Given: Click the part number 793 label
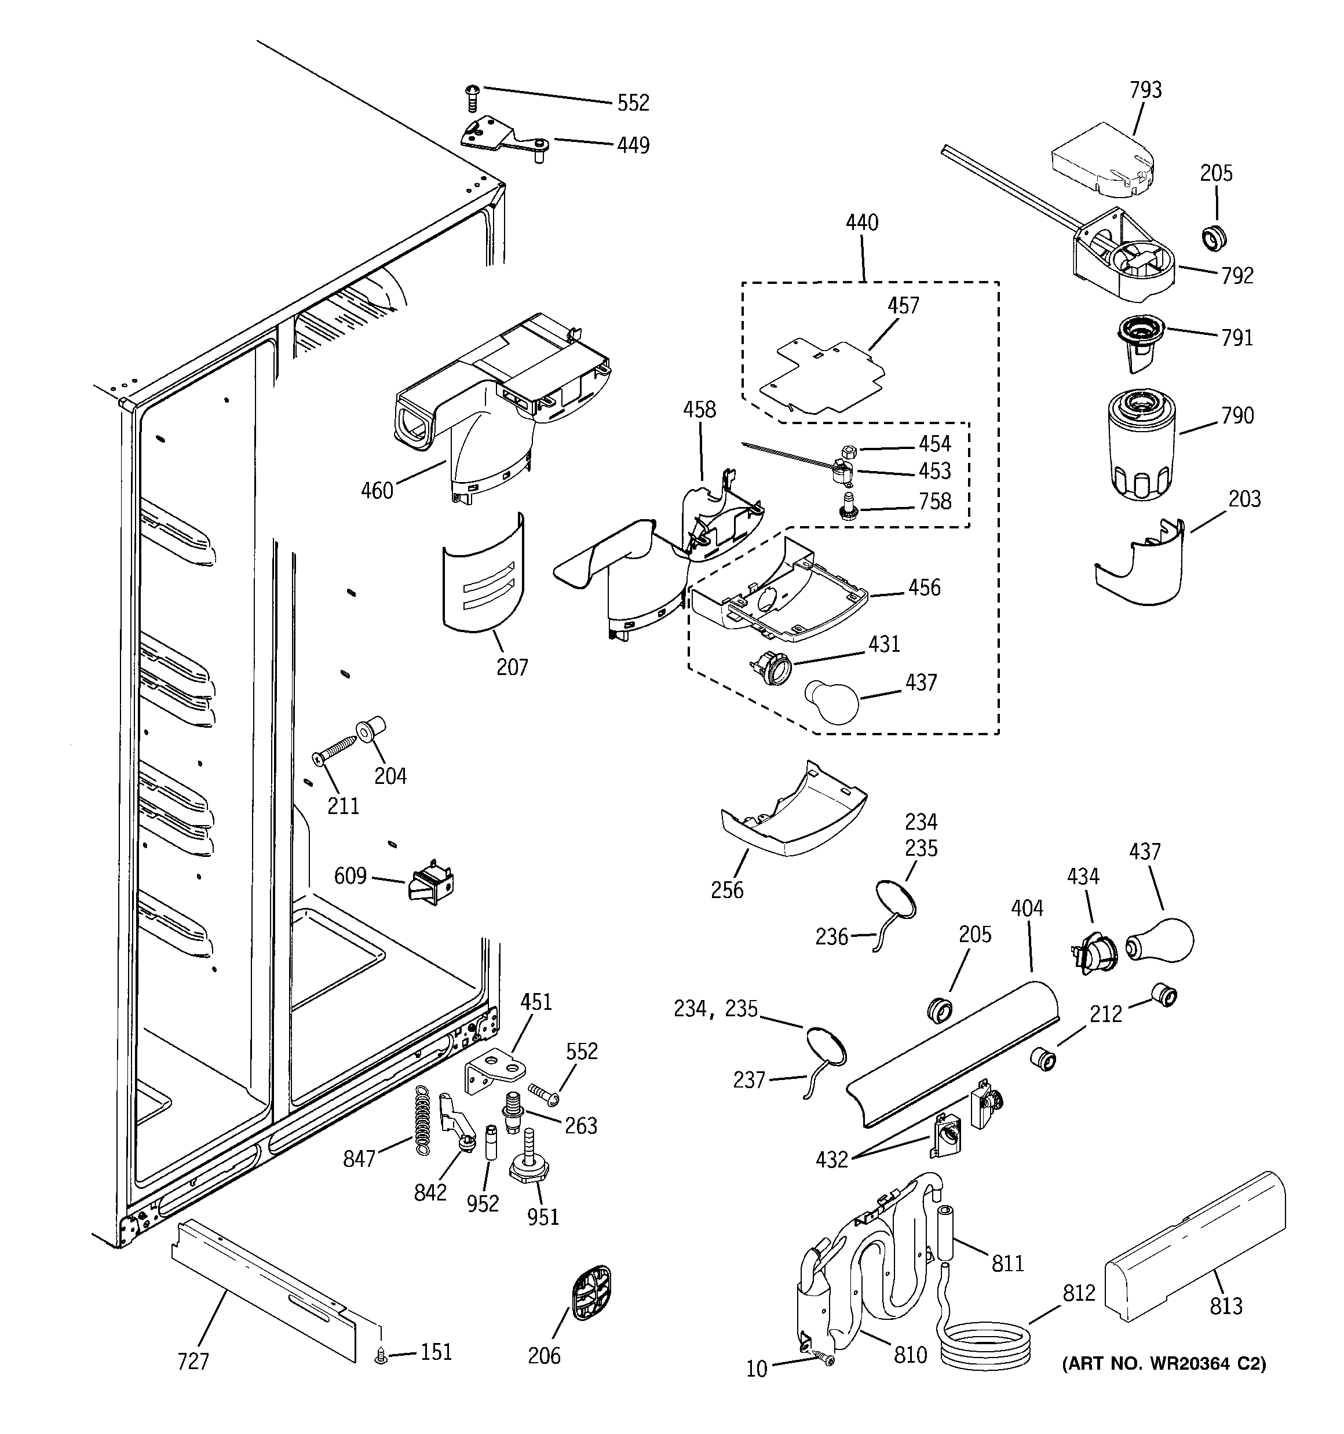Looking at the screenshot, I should click(1146, 90).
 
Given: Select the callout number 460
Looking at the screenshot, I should click(377, 491).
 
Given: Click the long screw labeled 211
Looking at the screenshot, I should click(336, 749).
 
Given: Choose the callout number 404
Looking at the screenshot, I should click(1027, 908).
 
